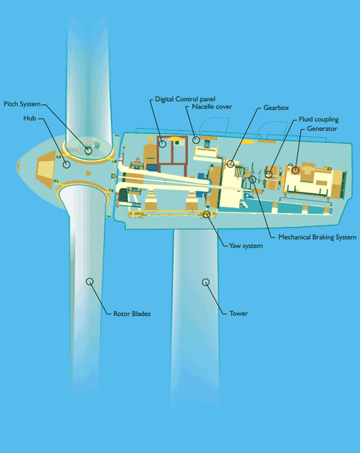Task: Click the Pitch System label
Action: [22, 104]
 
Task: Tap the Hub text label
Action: [30, 118]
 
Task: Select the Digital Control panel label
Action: [185, 99]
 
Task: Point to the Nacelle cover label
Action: [212, 106]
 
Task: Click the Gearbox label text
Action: [276, 108]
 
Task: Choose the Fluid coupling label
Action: [319, 120]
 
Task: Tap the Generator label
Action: [322, 129]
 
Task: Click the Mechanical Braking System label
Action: [317, 237]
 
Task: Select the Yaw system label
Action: [245, 246]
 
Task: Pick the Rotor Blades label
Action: [132, 314]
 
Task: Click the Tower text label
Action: [239, 314]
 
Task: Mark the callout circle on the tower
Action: [206, 282]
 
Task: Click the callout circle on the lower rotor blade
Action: [90, 282]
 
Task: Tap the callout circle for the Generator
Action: [295, 170]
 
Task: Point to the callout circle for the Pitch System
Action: [88, 151]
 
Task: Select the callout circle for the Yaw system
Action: [207, 214]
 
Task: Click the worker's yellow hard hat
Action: [150, 139]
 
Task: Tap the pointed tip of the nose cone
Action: [17, 165]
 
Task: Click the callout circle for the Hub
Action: [67, 165]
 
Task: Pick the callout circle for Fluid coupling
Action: [269, 174]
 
